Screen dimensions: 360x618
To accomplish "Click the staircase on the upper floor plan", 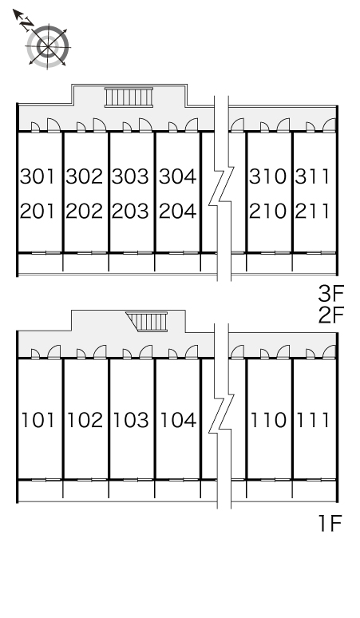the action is click(x=129, y=97).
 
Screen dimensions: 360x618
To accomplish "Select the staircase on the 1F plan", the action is click(x=148, y=322).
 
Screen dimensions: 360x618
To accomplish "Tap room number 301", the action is click(x=38, y=176).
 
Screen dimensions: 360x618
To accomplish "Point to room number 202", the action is click(x=85, y=212).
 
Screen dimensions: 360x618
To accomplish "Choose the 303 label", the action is click(x=130, y=176).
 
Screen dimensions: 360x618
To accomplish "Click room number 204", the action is click(x=177, y=212).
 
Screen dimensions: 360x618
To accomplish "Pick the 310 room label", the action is click(x=267, y=176).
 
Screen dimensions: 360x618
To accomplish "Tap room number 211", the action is click(x=312, y=212).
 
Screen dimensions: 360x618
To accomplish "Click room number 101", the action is click(x=38, y=420).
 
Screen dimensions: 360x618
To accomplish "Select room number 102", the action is click(x=85, y=420).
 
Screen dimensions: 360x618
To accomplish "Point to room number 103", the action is click(x=131, y=420).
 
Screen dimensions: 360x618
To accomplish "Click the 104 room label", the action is click(x=178, y=420).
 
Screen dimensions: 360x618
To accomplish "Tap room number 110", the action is click(x=269, y=420).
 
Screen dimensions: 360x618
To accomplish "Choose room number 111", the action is click(x=313, y=420).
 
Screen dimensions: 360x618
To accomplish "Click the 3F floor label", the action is click(x=331, y=293).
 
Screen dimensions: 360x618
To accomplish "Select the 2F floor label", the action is click(x=331, y=315).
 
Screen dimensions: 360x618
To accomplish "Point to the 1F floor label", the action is click(x=330, y=524).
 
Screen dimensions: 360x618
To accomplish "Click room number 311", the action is click(x=312, y=176).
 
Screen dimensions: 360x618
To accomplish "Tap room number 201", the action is click(x=38, y=212).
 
